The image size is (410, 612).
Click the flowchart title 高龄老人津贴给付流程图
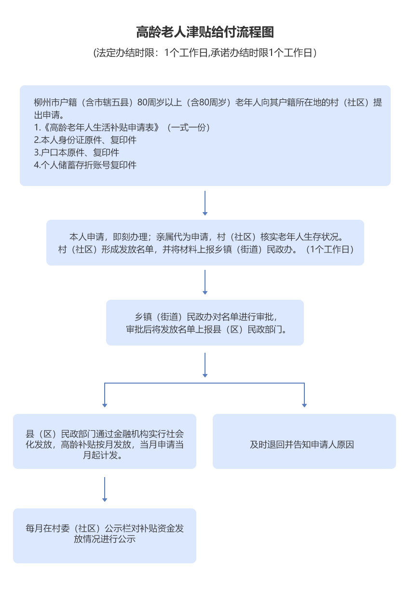click(x=205, y=33)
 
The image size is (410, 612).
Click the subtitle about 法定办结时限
click(x=205, y=53)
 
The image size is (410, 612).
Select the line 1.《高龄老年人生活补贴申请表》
click(x=122, y=128)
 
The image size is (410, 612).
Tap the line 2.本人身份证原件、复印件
click(x=85, y=140)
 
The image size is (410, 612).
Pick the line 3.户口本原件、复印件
click(x=77, y=153)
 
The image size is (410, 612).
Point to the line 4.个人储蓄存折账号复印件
click(x=85, y=165)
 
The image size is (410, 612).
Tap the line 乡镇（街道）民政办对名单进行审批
click(x=205, y=317)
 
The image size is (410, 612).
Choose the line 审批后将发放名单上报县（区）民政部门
click(x=205, y=330)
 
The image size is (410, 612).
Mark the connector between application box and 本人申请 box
click(x=205, y=203)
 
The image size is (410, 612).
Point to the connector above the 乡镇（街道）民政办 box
click(x=205, y=282)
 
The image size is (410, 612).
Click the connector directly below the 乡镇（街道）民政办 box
click(x=205, y=365)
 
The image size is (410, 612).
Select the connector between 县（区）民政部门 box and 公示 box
click(x=105, y=489)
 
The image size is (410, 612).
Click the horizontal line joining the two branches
click(x=205, y=384)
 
